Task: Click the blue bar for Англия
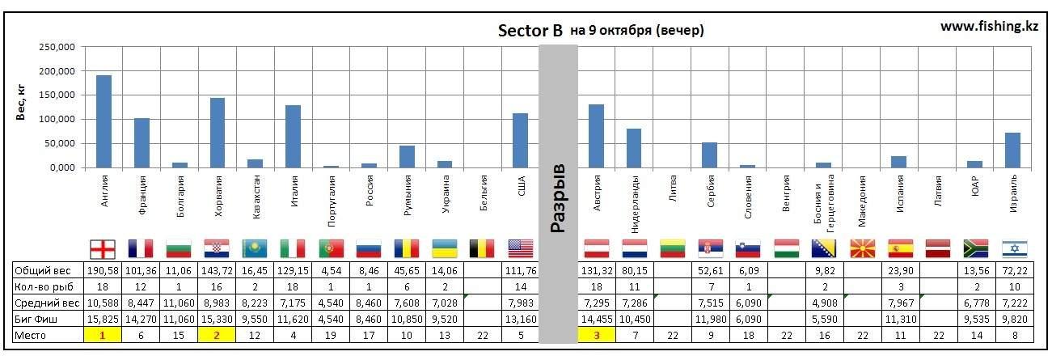pyautogui.click(x=104, y=121)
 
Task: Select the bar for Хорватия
pyautogui.click(x=218, y=133)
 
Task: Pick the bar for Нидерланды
pyautogui.click(x=634, y=148)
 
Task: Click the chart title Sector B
pyautogui.click(x=530, y=31)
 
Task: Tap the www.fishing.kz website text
pyautogui.click(x=989, y=26)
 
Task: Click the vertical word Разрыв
pyautogui.click(x=557, y=199)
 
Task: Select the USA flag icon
pyautogui.click(x=520, y=248)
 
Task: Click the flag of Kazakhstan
pyautogui.click(x=255, y=248)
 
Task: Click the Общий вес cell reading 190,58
pyautogui.click(x=103, y=270)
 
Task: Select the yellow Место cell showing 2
pyautogui.click(x=217, y=335)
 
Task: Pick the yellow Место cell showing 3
pyautogui.click(x=596, y=335)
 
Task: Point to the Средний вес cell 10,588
pyautogui.click(x=103, y=303)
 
